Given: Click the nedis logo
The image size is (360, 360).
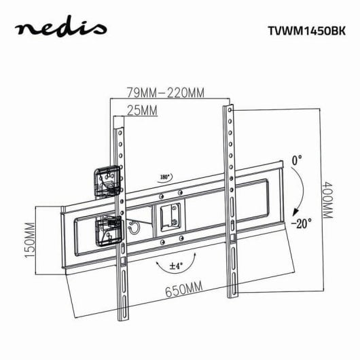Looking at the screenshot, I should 61,28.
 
